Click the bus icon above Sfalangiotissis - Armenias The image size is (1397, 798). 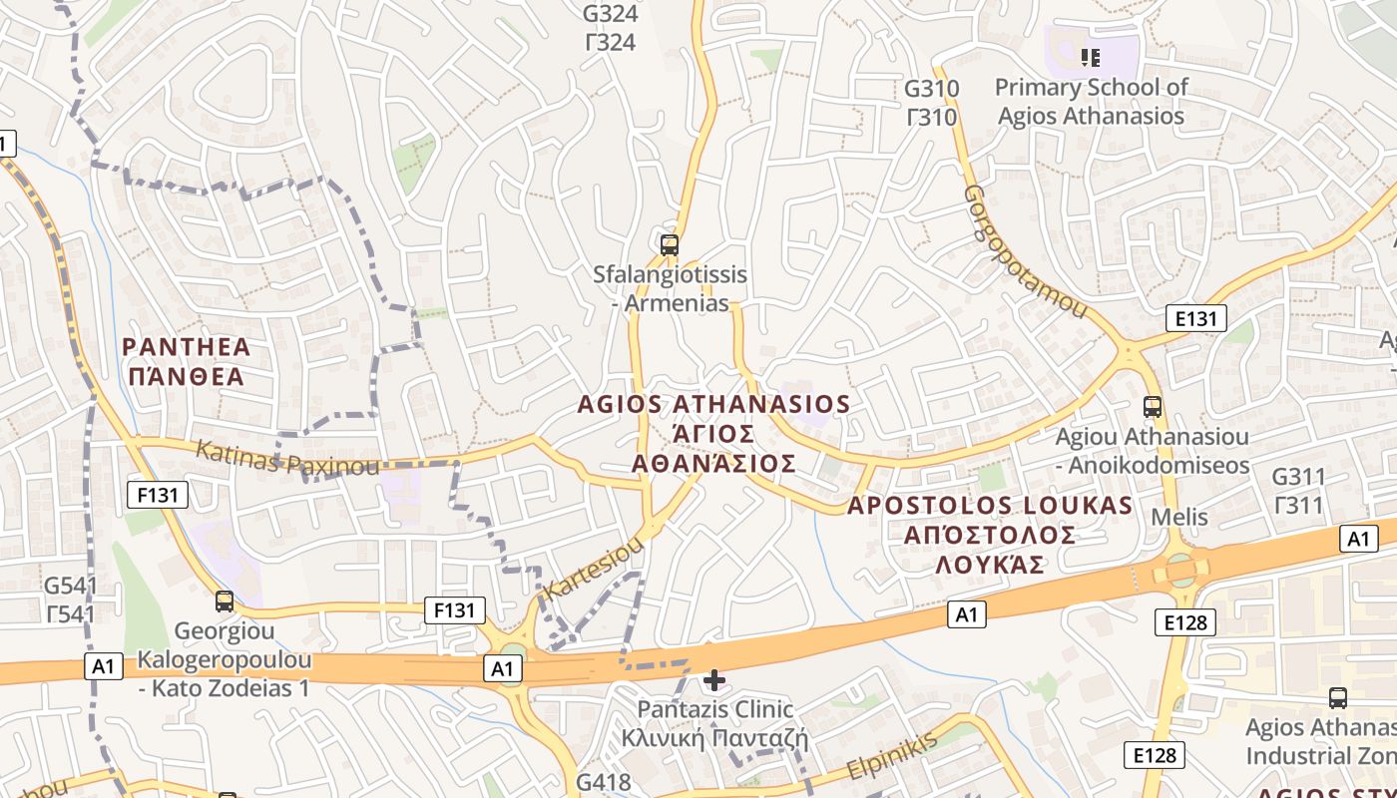click(x=670, y=244)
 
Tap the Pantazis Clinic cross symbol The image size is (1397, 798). click(x=714, y=680)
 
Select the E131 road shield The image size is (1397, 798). click(x=1195, y=319)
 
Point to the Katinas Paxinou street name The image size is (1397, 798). click(x=287, y=459)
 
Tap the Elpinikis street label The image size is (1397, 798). click(x=892, y=756)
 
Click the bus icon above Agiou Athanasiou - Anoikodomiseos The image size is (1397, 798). click(x=1153, y=407)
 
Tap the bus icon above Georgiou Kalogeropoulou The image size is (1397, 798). click(x=225, y=601)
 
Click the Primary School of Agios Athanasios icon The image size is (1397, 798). click(x=1091, y=58)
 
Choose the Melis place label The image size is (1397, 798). click(x=1179, y=517)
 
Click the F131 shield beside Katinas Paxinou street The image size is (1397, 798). click(x=158, y=494)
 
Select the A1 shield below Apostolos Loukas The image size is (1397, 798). click(x=966, y=614)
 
